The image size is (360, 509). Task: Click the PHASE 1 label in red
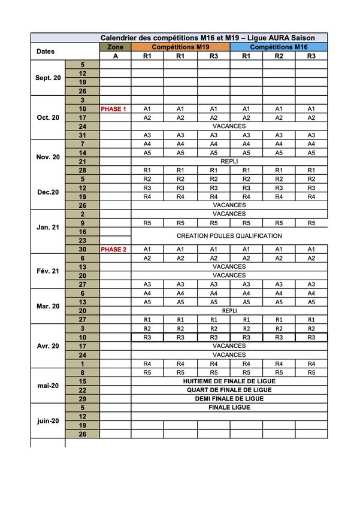click(x=114, y=109)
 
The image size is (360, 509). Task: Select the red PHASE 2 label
click(x=114, y=249)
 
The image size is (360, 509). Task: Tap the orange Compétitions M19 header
click(x=180, y=47)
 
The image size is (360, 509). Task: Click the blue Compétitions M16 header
click(x=279, y=47)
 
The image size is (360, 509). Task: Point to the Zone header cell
click(x=115, y=47)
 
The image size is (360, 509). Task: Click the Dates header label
click(x=46, y=51)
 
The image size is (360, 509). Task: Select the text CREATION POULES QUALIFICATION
click(x=229, y=236)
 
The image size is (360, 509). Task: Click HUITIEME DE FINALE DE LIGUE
click(x=229, y=381)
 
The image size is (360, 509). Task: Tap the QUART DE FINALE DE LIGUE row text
click(x=229, y=390)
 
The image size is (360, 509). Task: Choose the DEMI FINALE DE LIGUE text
click(x=229, y=399)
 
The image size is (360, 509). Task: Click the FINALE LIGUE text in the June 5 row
click(x=229, y=408)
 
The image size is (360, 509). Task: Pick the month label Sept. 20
click(x=48, y=78)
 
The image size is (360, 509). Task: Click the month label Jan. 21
click(x=48, y=228)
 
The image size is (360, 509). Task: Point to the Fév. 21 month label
click(x=48, y=271)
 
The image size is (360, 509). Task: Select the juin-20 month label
click(x=48, y=421)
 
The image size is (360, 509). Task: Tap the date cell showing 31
click(x=83, y=135)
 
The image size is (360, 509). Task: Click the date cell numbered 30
click(x=83, y=249)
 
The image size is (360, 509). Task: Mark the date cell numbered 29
click(x=83, y=399)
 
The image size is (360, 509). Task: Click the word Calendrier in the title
click(x=119, y=38)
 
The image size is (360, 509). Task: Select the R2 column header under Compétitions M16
click(x=279, y=56)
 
